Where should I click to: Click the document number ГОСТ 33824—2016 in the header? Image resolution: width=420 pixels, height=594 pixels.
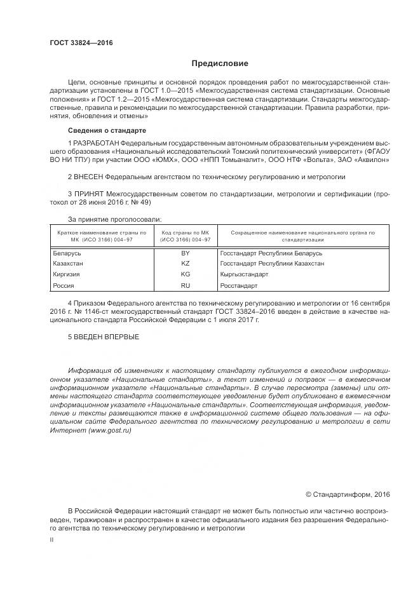pos(81,44)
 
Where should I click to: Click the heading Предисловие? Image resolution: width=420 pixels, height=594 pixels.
pos(220,64)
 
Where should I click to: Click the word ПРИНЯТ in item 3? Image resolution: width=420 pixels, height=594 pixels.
pos(88,193)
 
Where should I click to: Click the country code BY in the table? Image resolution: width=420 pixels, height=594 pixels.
pos(186,253)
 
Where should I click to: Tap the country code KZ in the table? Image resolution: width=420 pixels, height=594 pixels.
pos(186,263)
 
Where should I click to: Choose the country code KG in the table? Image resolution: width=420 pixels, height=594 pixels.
pos(186,274)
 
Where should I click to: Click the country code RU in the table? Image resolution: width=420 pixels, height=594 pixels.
pos(186,286)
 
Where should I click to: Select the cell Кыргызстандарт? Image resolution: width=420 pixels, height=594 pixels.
pos(244,274)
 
